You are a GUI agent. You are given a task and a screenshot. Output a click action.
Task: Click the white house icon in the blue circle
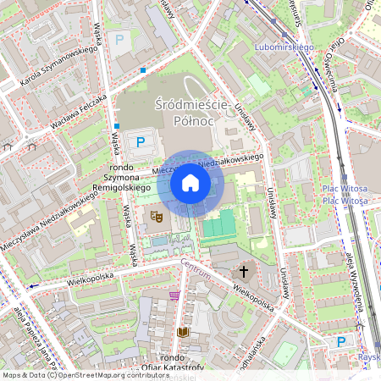click(x=190, y=183)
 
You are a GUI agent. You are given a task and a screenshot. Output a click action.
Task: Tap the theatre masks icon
click(x=155, y=217)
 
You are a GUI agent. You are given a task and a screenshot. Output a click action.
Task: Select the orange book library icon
click(x=183, y=333)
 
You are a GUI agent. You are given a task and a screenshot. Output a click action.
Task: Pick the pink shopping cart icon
click(x=174, y=295)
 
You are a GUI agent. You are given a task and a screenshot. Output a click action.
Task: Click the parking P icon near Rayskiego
click(x=341, y=341)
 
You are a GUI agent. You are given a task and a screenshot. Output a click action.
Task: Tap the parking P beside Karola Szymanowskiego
click(x=119, y=39)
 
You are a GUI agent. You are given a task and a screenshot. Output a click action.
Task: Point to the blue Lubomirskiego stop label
click(x=284, y=47)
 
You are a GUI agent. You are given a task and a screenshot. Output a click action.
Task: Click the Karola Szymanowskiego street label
click(x=59, y=64)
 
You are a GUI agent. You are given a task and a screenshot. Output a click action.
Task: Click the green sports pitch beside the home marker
click(x=218, y=225)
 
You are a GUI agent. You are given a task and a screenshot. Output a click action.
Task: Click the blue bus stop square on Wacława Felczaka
click(x=144, y=69)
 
